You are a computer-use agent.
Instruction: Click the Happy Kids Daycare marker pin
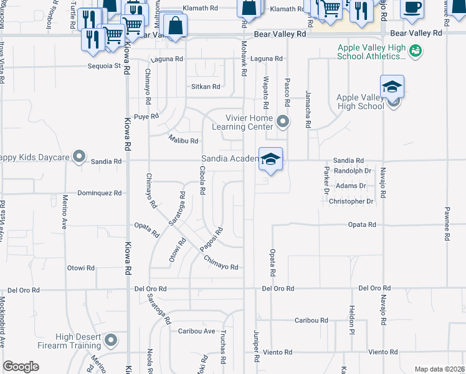[x=79, y=156]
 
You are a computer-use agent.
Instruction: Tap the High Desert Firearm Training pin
[x=112, y=340]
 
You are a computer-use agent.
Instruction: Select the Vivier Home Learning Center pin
[x=284, y=122]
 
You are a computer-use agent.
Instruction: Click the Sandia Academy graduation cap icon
[x=270, y=159]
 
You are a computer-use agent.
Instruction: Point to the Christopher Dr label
[x=351, y=201]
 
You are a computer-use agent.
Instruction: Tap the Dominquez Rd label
[x=100, y=193]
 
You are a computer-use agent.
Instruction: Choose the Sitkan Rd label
[x=206, y=87]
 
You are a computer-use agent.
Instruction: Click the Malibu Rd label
[x=184, y=141]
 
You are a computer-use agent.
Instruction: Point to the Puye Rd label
[x=146, y=116]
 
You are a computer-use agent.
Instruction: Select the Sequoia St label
[x=103, y=65]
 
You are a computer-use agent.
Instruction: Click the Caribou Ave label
[x=196, y=331]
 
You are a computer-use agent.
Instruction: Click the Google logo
[x=21, y=367]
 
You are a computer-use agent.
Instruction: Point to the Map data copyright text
[x=440, y=369]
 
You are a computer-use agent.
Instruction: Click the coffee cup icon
[x=411, y=7]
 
